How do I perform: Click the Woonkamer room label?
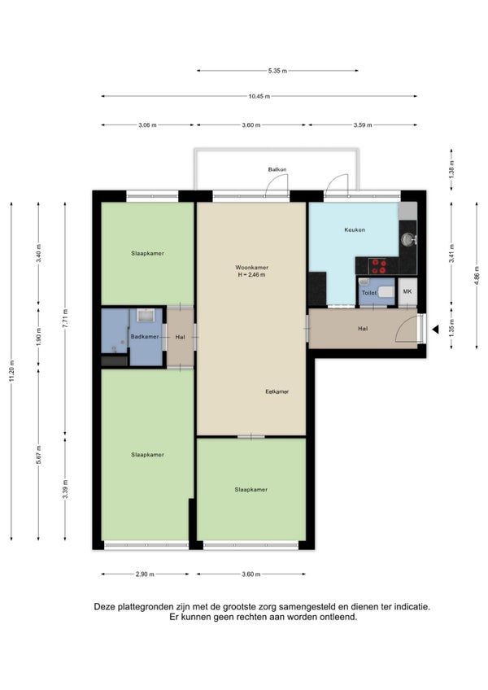[251, 267]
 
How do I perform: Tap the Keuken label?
[355, 229]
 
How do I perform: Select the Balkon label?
[277, 169]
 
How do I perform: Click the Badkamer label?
[145, 337]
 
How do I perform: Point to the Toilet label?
[368, 293]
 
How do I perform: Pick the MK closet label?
[407, 291]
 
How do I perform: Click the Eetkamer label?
[277, 391]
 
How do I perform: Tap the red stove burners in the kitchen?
[378, 266]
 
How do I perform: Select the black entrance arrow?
[435, 330]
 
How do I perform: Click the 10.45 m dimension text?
[259, 96]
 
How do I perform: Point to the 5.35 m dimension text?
[277, 71]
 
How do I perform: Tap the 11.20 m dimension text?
[11, 371]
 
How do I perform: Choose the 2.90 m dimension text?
[145, 574]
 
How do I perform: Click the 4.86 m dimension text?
[477, 276]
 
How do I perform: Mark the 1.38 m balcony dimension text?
[451, 169]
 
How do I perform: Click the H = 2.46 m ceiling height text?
[251, 274]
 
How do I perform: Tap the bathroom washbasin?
[146, 315]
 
